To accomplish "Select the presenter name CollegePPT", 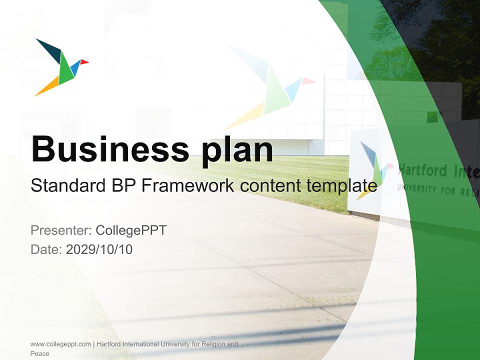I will tap(131, 230).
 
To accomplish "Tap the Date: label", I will tap(46, 249).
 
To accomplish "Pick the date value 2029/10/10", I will tap(99, 249).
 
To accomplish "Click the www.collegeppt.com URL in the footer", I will tap(60, 344).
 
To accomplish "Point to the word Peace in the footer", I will tap(39, 353).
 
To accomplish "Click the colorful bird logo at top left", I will tap(61, 67).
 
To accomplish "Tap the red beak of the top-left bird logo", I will tap(84, 62).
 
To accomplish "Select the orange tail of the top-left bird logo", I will tap(47, 88).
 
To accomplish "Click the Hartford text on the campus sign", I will tap(422, 171).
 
